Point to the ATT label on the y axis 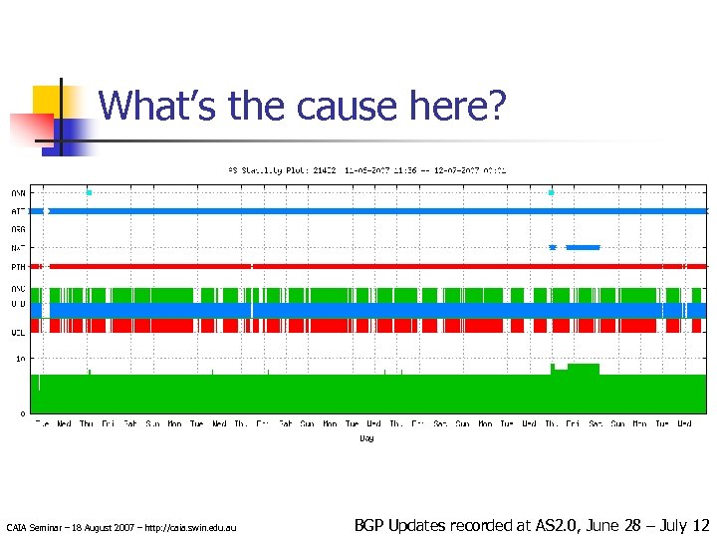[18, 211]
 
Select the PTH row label [18, 266]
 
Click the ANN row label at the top [18, 192]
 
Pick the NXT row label [18, 247]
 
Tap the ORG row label [18, 229]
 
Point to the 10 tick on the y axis [21, 358]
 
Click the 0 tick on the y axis [23, 412]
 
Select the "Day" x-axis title [366, 438]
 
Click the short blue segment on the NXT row [584, 247]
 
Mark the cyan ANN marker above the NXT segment [552, 192]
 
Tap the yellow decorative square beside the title [49, 101]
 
